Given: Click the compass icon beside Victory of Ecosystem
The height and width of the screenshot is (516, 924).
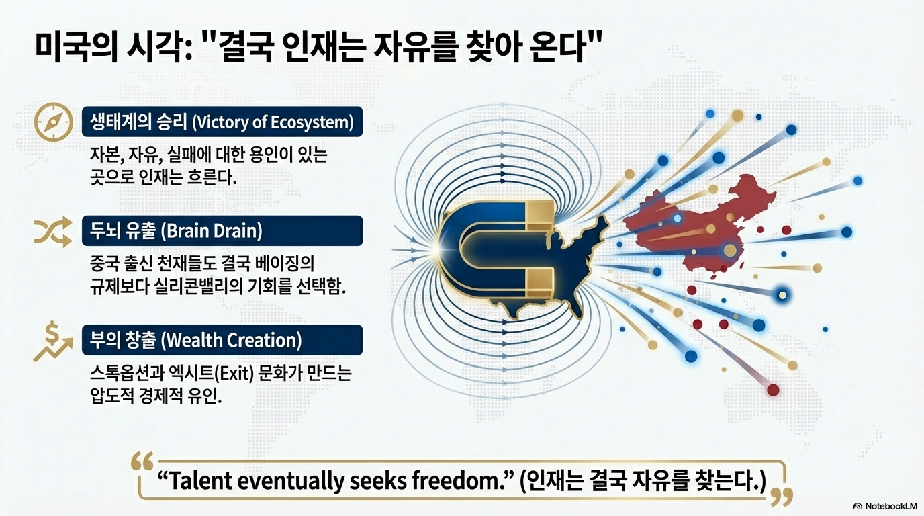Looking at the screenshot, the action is click(53, 122).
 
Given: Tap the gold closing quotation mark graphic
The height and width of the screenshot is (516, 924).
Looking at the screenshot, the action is click(782, 497).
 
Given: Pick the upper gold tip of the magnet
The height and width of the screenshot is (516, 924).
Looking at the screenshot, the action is click(539, 214).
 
